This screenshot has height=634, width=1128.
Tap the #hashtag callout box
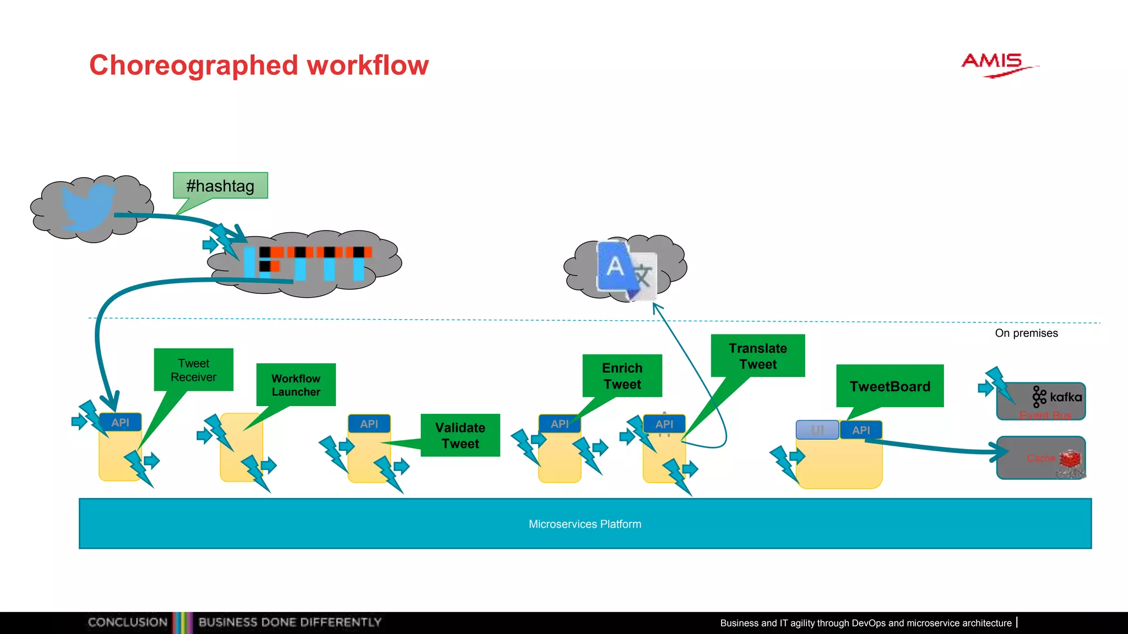pos(220,186)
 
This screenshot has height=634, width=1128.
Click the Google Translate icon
pos(627,270)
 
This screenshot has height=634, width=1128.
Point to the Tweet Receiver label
pos(193,370)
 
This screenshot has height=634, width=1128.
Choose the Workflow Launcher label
pos(296,385)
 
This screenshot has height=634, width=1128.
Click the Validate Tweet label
pos(460,435)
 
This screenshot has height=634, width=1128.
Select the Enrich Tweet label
pos(622,376)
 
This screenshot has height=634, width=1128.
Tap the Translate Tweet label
pos(757,356)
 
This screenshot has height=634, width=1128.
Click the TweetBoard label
pos(890,386)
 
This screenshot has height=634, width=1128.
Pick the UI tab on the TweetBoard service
pos(817,430)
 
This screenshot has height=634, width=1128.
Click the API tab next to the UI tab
pos(861,430)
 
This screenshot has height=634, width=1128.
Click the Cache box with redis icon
pos(1041,458)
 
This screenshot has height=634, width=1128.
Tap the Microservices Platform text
pos(585,524)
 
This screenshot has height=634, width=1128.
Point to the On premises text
pos(1026,333)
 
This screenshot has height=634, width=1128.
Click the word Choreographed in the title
pos(193,65)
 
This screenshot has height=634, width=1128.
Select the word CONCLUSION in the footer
pos(128,622)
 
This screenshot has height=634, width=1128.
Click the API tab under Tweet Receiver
pos(120,423)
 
